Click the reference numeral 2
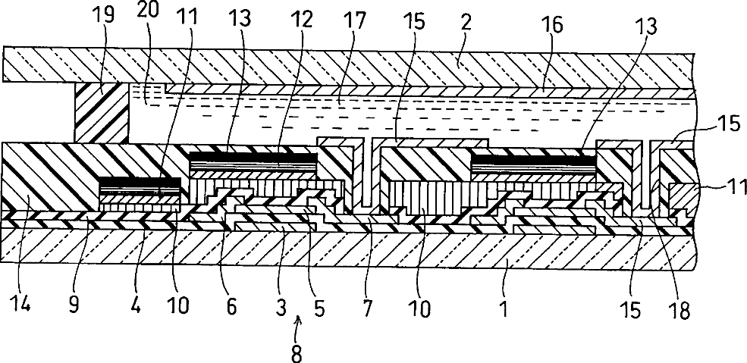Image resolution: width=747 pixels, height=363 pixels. click(466, 20)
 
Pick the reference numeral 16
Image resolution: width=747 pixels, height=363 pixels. click(553, 25)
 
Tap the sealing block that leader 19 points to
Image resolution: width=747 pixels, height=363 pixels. click(101, 114)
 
